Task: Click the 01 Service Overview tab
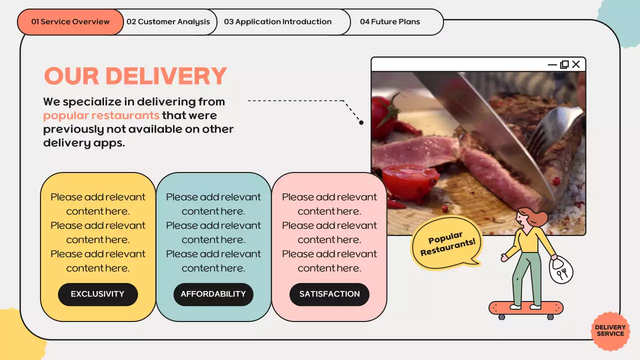click(x=70, y=22)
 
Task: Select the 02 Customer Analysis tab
click(x=168, y=22)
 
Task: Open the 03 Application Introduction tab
click(x=277, y=22)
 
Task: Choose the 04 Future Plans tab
click(x=390, y=22)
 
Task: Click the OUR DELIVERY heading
click(x=135, y=76)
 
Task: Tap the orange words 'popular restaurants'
click(x=101, y=115)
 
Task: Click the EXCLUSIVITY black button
click(x=97, y=294)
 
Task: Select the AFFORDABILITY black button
click(x=213, y=294)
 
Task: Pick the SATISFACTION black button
click(x=329, y=294)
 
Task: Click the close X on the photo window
click(x=576, y=64)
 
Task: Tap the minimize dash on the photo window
click(x=552, y=64)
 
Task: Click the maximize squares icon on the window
click(x=564, y=64)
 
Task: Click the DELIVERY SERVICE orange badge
click(x=610, y=331)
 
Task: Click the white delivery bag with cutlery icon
click(x=561, y=270)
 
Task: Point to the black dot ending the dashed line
click(x=361, y=122)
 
